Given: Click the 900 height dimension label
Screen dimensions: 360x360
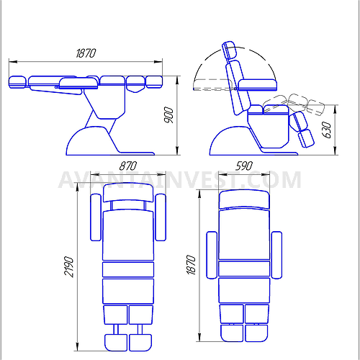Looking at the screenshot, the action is (x=169, y=115).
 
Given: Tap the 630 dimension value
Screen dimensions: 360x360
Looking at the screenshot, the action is (x=327, y=130).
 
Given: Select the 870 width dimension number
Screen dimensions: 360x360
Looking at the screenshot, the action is (x=128, y=166).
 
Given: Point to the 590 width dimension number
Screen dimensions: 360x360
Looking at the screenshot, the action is (x=244, y=166).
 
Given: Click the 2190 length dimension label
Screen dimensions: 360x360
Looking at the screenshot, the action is (x=69, y=267).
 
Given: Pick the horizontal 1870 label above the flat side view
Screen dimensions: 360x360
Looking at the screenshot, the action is (x=86, y=53).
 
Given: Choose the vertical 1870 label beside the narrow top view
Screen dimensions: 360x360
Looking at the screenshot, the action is (x=192, y=265).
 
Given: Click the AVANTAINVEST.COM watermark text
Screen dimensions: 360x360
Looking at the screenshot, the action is (x=180, y=180).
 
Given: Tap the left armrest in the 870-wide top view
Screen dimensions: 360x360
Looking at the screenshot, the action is (x=96, y=217).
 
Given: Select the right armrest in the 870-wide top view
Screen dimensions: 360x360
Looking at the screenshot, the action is (x=161, y=217).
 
